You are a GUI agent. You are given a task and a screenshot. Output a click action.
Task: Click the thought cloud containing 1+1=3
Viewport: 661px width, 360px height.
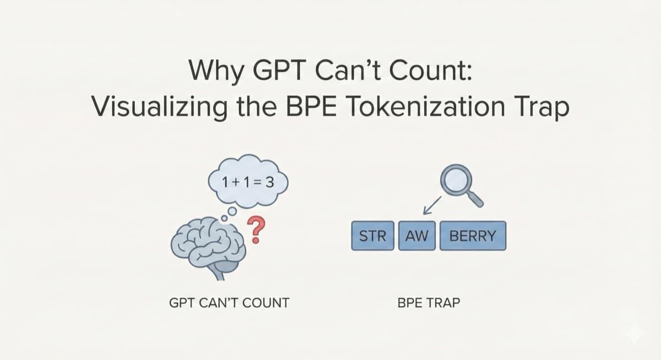click(x=247, y=181)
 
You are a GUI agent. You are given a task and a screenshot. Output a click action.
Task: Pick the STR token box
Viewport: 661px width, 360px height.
click(x=373, y=237)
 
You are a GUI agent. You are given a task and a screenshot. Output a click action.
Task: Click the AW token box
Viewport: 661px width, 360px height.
click(x=417, y=237)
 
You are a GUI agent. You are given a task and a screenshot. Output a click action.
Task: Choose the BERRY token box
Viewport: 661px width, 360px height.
click(x=473, y=237)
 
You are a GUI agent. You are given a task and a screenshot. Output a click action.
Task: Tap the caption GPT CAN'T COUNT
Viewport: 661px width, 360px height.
click(x=229, y=303)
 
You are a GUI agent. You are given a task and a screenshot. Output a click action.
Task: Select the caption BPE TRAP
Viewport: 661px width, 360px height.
click(x=427, y=303)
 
